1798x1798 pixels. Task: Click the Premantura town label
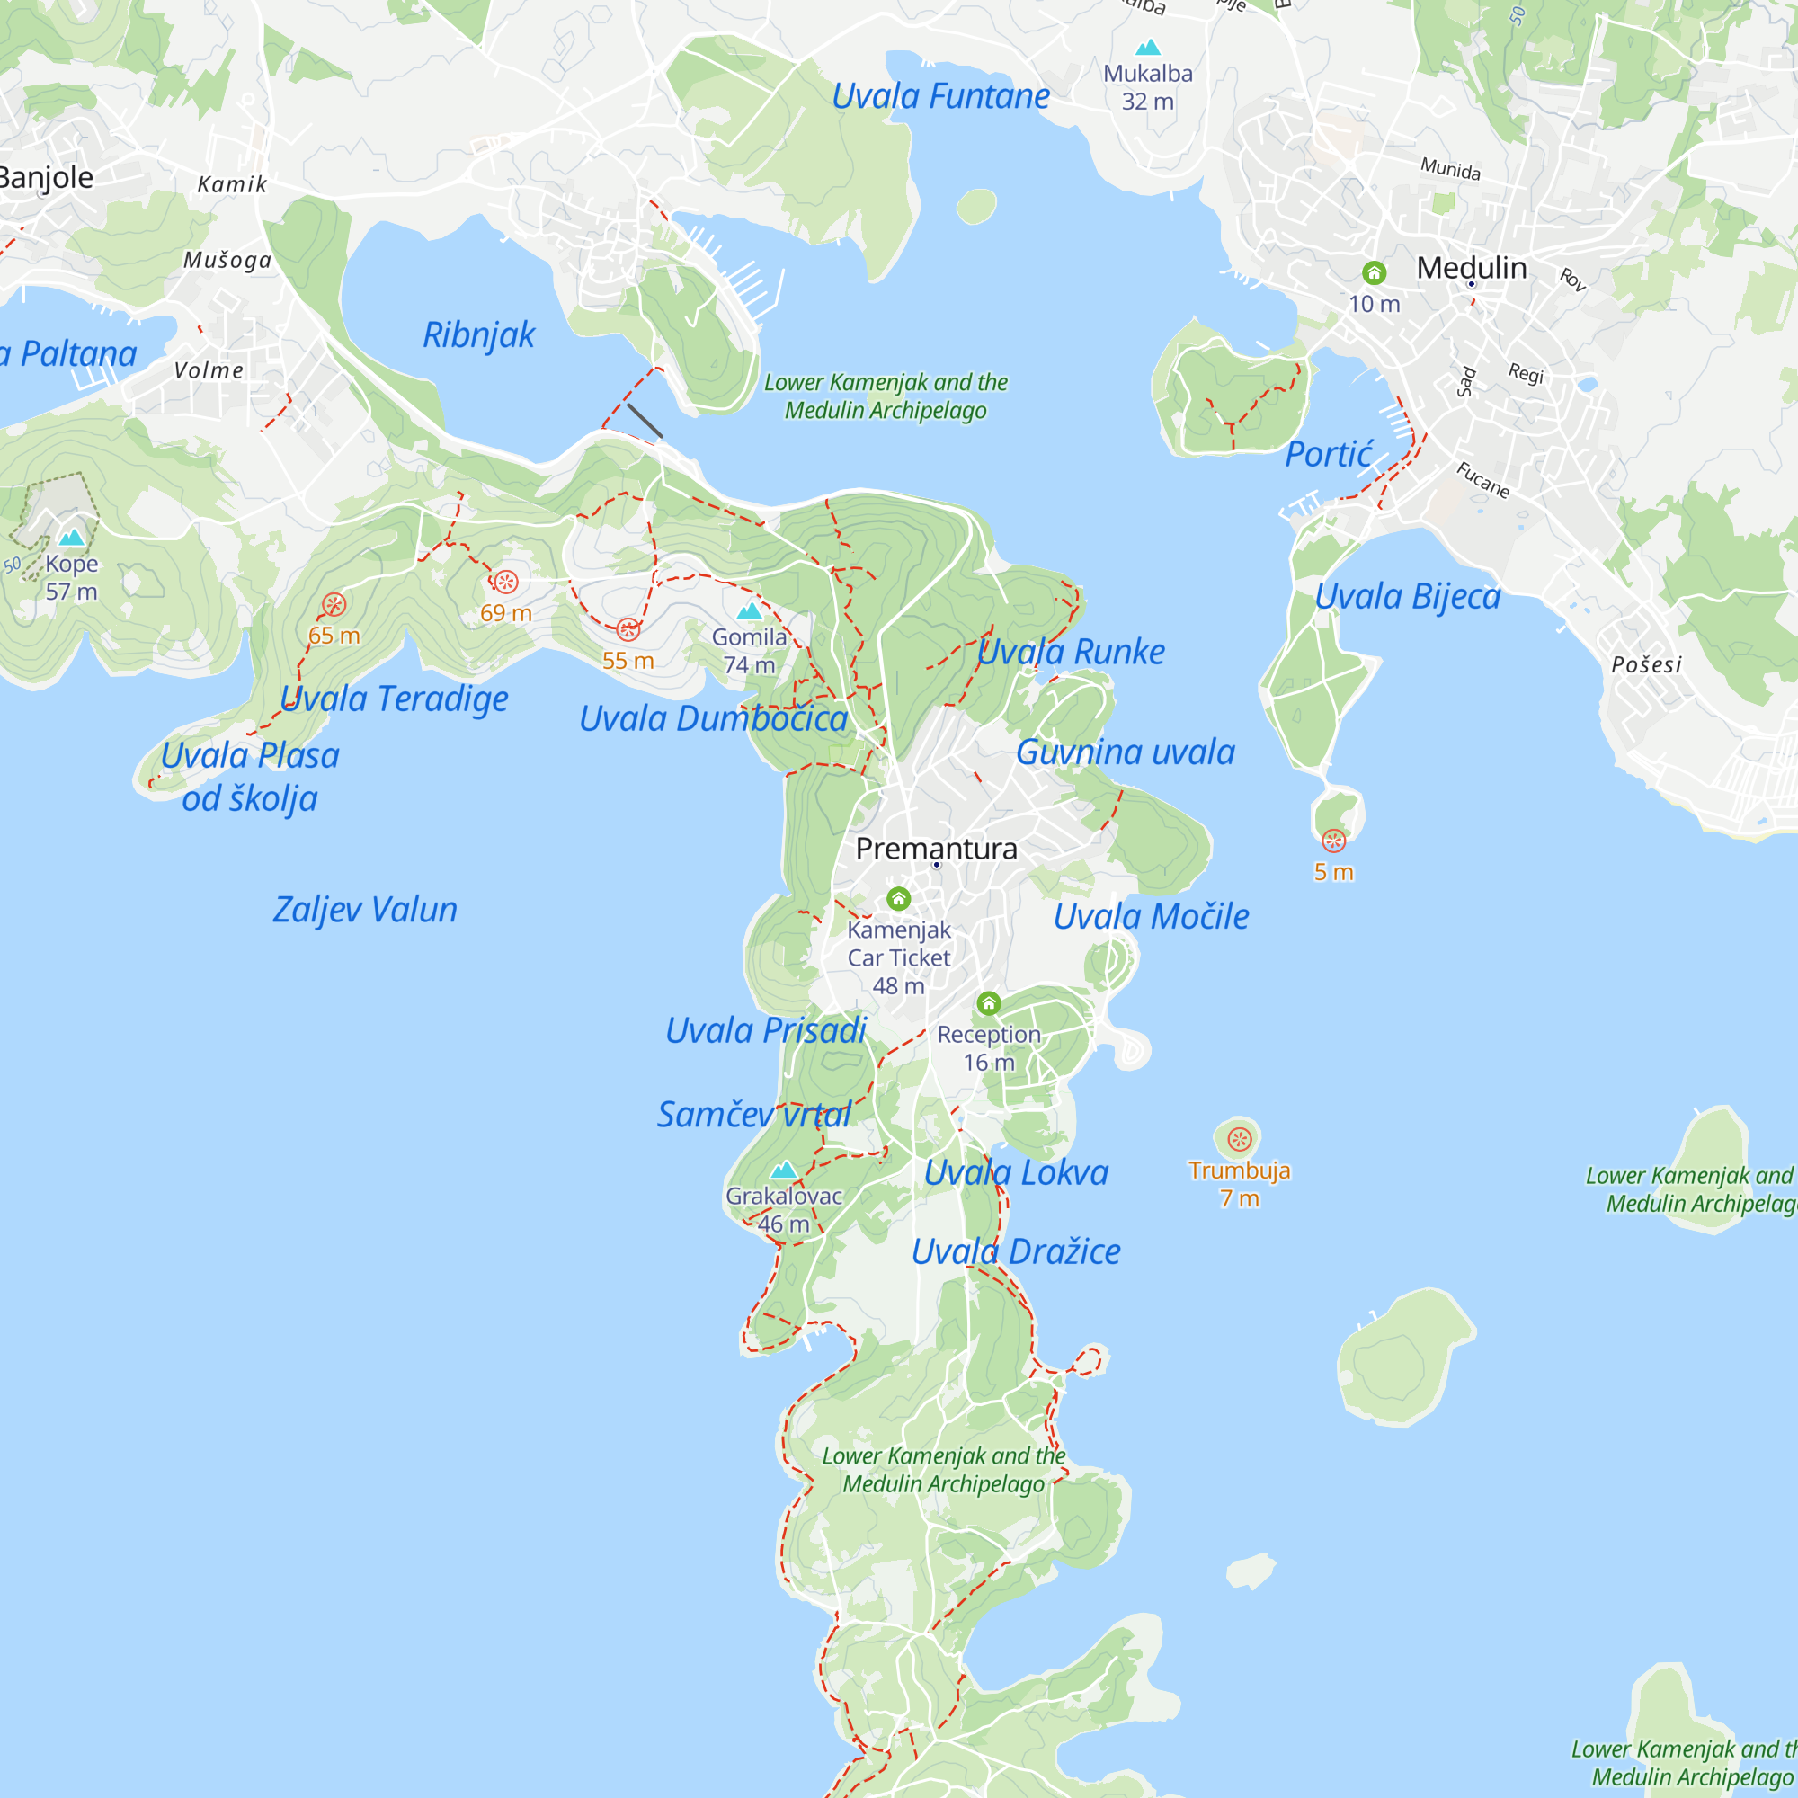[936, 848]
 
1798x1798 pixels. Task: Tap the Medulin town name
[1472, 268]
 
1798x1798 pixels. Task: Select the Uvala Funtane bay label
[940, 96]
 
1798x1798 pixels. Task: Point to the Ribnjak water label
[478, 334]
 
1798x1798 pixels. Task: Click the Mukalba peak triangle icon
[1148, 48]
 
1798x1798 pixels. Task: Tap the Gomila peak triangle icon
[749, 611]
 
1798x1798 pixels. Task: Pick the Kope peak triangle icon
[72, 538]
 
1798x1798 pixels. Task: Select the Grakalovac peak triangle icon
[784, 1170]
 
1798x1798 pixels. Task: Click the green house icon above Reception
[988, 1003]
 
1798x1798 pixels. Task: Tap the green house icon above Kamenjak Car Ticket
[898, 898]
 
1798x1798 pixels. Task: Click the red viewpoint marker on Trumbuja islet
[1239, 1139]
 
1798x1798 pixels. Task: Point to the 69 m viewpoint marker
[505, 583]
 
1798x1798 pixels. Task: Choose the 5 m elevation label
[1332, 872]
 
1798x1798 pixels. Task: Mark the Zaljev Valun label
[365, 909]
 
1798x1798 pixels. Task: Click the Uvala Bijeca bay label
[1407, 597]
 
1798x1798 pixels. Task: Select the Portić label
[1328, 454]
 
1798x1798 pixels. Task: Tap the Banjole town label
[45, 177]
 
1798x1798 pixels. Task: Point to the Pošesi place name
[1646, 664]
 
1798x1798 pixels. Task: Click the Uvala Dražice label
[1015, 1251]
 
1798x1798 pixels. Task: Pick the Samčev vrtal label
[754, 1114]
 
